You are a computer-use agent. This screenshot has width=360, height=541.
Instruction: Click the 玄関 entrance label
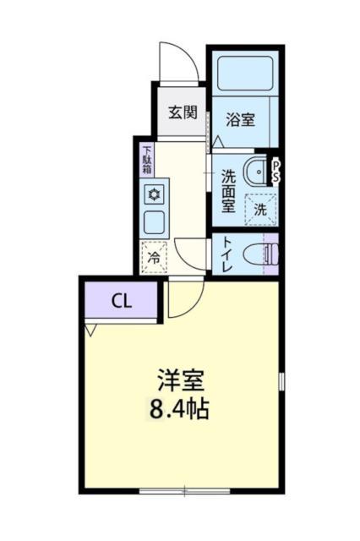click(x=182, y=112)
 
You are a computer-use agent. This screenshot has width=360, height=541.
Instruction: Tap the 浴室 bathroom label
click(x=239, y=120)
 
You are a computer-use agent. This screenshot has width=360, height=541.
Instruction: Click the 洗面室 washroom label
click(x=228, y=190)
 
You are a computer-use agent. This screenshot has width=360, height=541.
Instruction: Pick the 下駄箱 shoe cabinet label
click(x=147, y=159)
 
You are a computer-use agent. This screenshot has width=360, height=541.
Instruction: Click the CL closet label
click(x=121, y=302)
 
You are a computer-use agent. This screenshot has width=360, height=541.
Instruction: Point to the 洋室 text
click(x=180, y=380)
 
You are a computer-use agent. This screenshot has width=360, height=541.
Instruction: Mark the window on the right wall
click(x=281, y=381)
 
